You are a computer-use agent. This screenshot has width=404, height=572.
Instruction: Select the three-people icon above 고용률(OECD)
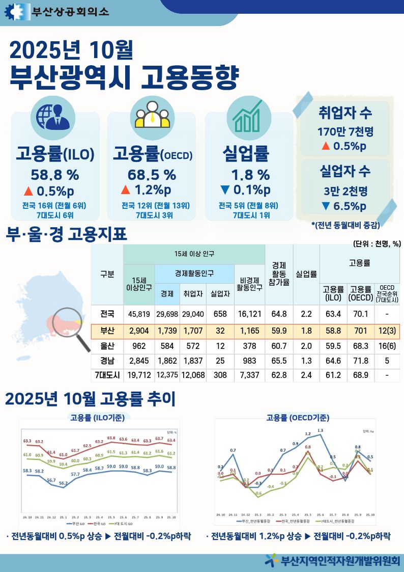pos(152,116)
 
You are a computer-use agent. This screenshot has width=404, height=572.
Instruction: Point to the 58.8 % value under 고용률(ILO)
pos(54,175)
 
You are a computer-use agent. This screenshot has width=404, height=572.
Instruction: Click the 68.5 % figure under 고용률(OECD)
pos(152,175)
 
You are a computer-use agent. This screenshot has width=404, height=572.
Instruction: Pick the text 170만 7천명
pos(345,131)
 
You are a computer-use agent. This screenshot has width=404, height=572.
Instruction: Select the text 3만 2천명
pos(345,191)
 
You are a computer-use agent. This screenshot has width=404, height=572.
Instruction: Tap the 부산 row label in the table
pos(107,331)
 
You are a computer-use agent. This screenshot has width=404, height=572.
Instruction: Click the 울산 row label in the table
pos(107,346)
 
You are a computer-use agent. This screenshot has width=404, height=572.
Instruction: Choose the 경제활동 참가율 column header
pos(279,274)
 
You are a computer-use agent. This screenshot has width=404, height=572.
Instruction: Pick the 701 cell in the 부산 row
pos(360,331)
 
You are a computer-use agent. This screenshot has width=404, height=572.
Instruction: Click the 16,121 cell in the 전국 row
pos(250,313)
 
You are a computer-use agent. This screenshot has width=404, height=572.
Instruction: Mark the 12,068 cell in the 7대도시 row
pos(193,375)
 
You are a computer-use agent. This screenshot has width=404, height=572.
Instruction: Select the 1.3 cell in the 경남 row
pos(306,361)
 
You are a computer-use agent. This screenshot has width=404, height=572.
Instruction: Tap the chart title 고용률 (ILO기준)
pos(97,418)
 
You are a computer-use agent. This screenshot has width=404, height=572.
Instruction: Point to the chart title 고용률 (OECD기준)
pos(298,418)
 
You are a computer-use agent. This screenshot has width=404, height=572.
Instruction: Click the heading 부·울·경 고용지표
pos(66,235)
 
